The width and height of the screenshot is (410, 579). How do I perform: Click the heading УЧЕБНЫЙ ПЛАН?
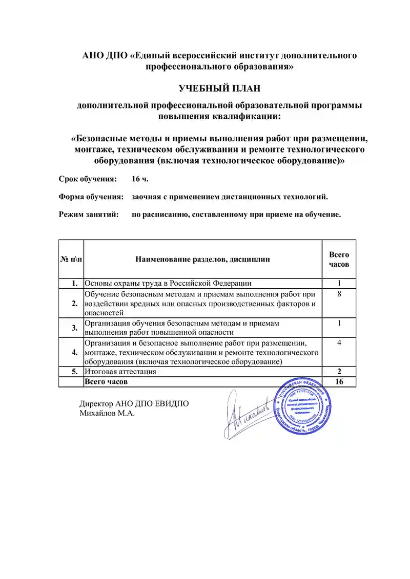pos(219,89)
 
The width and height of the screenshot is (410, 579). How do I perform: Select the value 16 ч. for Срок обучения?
pos(140,179)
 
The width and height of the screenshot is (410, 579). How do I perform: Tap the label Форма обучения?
pos(91,197)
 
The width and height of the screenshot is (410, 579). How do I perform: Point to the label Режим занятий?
pos(89,214)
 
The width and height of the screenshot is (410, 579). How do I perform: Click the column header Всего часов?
pos(339,260)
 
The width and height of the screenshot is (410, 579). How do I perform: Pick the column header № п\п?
pos(71,260)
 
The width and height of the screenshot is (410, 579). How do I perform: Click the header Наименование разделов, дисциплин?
pos(202,260)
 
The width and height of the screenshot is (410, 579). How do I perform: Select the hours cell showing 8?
pos(339,294)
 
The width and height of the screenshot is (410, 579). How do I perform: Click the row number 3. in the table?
pos(74,328)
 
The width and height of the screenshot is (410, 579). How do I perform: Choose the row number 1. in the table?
pos(74,283)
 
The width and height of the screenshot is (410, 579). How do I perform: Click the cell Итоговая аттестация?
pos(120,372)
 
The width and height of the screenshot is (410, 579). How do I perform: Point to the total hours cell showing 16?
pos(339,381)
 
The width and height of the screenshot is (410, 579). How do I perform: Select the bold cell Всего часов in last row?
pos(106,381)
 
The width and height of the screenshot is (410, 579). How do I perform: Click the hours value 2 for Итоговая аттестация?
pos(339,372)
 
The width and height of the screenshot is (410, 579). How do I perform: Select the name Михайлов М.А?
pos(107,413)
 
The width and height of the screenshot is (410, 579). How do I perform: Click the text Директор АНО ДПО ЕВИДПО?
pos(134,403)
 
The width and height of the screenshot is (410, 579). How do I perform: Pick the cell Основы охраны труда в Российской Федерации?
pos(168,283)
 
